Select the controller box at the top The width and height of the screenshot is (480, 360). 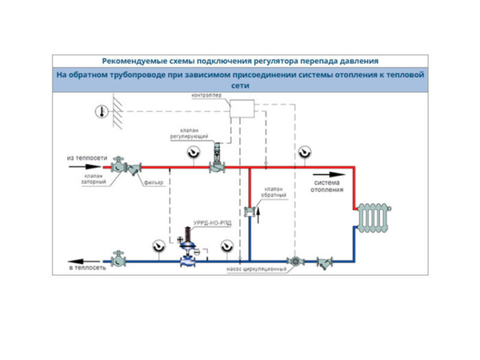[x=241, y=108]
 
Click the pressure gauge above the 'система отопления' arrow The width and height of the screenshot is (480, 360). [x=304, y=152]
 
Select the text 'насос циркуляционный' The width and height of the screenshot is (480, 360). [x=256, y=269]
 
